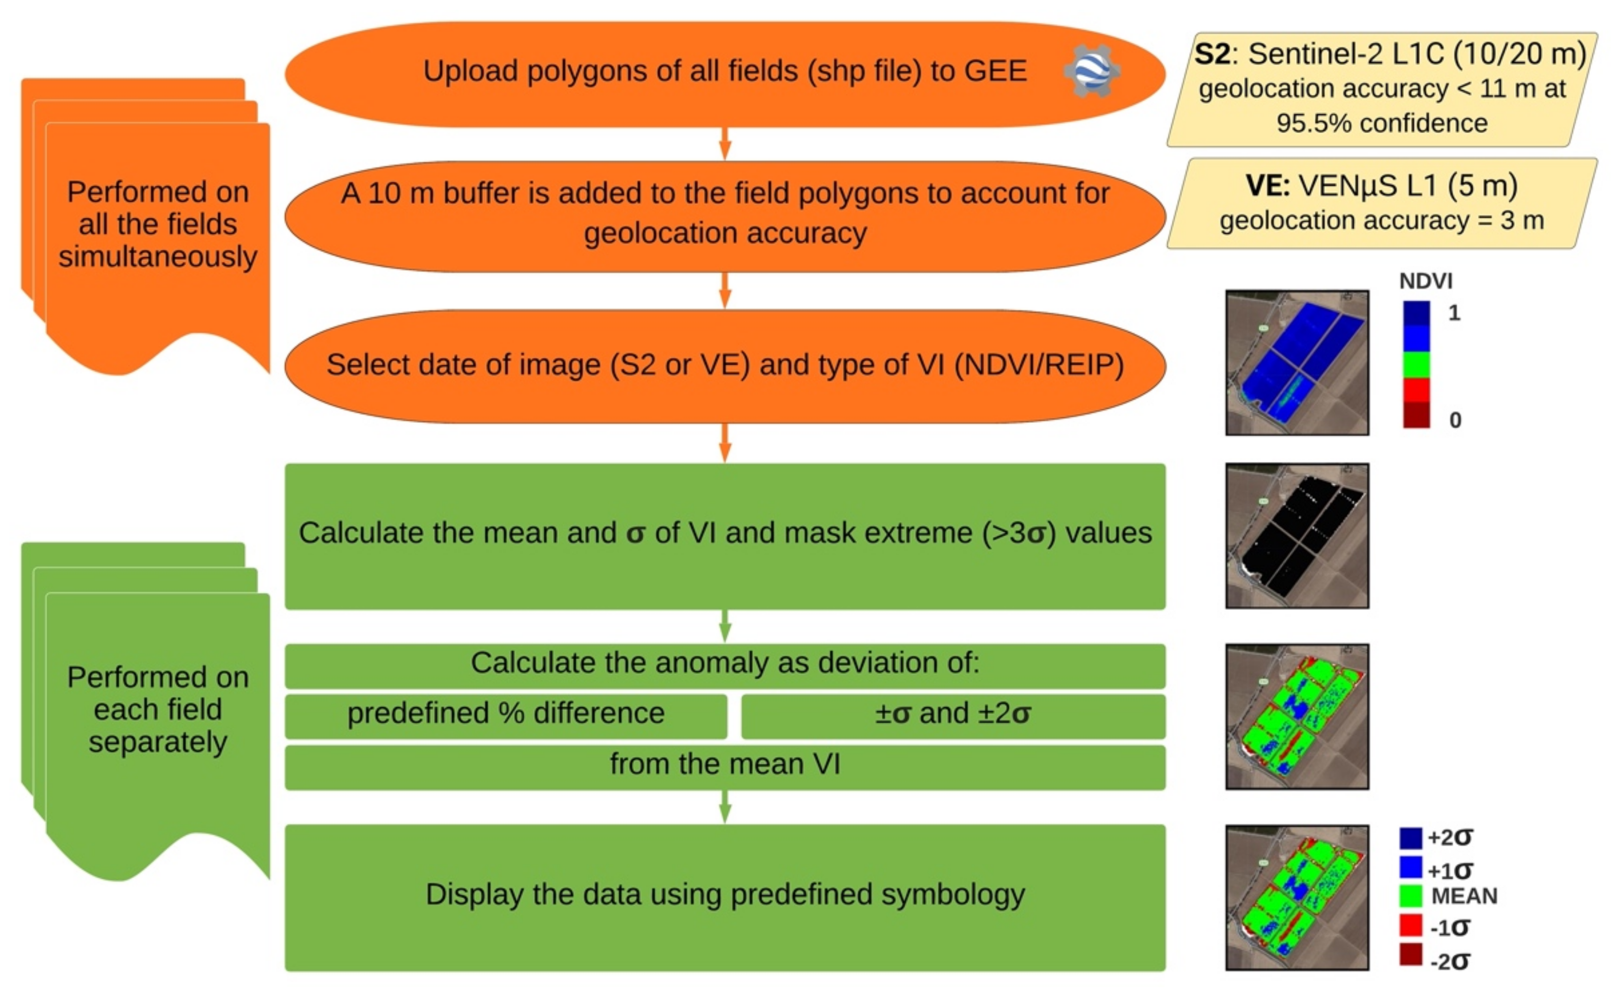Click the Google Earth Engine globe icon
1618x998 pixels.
pyautogui.click(x=1091, y=71)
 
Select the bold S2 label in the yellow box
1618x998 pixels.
pyautogui.click(x=1212, y=54)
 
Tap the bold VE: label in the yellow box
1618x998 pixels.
pyautogui.click(x=1267, y=186)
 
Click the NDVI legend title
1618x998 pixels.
pyautogui.click(x=1425, y=281)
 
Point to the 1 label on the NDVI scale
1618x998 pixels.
pyautogui.click(x=1453, y=313)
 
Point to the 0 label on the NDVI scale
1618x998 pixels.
pyautogui.click(x=1455, y=420)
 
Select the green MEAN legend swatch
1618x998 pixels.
pyautogui.click(x=1410, y=896)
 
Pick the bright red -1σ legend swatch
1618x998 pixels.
pyautogui.click(x=1410, y=925)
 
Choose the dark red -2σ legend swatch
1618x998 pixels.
pyautogui.click(x=1410, y=954)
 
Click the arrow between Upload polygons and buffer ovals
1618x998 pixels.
pyautogui.click(x=724, y=144)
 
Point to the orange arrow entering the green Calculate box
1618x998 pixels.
pyautogui.click(x=724, y=443)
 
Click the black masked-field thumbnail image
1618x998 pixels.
pyautogui.click(x=1297, y=535)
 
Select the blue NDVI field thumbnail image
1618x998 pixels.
pyautogui.click(x=1297, y=362)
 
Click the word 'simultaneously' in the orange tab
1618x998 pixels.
pyautogui.click(x=157, y=257)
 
